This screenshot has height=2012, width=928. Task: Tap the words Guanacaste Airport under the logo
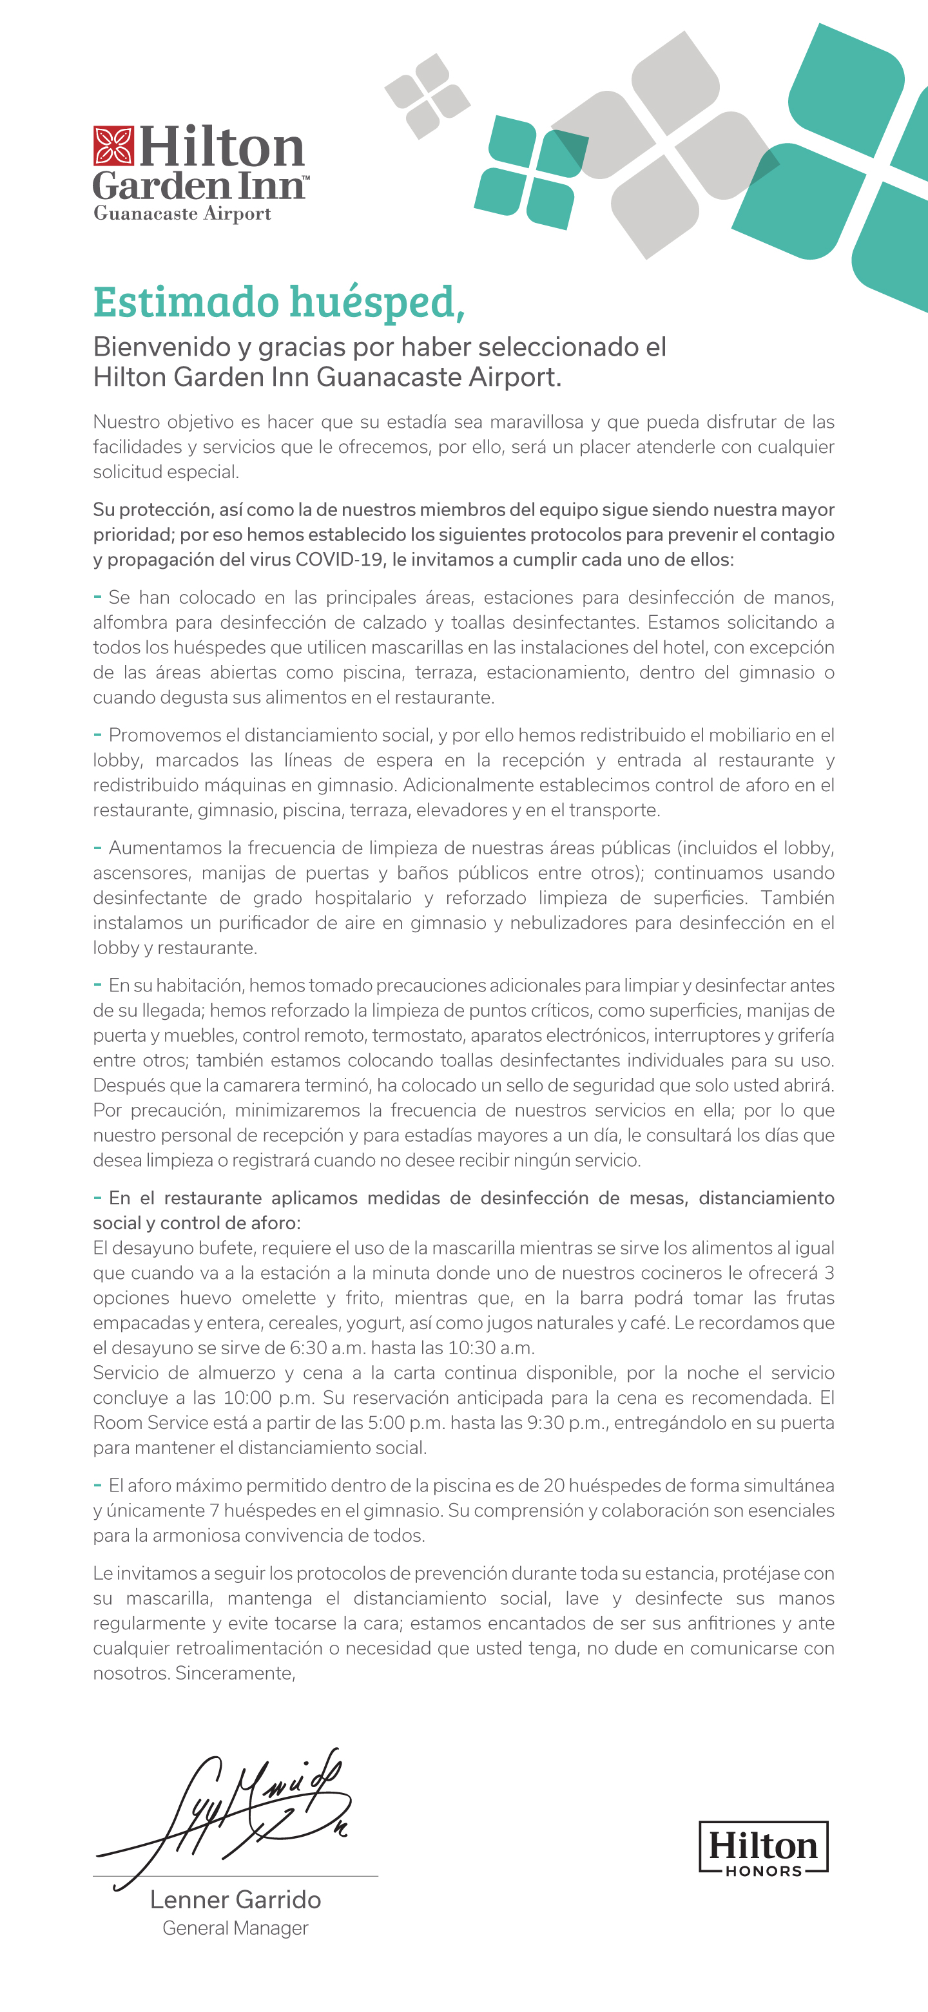[x=182, y=213]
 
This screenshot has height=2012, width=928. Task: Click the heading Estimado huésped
[x=279, y=302]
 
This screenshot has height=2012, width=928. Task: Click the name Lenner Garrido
[x=235, y=1899]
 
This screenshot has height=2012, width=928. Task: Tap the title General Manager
[x=235, y=1928]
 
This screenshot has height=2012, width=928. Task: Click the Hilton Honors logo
[x=763, y=1848]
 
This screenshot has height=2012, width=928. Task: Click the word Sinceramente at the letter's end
[x=235, y=1673]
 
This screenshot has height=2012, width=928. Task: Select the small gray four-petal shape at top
[x=427, y=96]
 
